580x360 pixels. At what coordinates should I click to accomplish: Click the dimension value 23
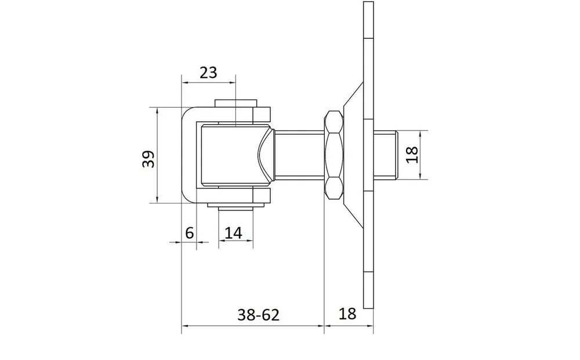[208, 73]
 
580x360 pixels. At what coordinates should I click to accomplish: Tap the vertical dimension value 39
[148, 159]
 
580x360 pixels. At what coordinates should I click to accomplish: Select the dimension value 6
[190, 233]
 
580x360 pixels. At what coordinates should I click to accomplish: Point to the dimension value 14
[233, 233]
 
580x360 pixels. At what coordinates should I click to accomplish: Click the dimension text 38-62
[258, 315]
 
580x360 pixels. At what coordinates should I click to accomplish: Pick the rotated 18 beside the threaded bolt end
[412, 155]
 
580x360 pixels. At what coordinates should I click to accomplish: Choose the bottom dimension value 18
[347, 314]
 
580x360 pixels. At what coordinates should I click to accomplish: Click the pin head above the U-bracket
[235, 103]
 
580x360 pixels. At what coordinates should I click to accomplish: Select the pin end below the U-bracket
[235, 206]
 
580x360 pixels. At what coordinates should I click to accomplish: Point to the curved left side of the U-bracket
[188, 155]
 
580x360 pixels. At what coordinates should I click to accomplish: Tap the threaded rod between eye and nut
[299, 155]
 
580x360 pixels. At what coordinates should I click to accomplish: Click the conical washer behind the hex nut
[354, 155]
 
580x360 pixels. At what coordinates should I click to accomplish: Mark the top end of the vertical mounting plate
[368, 2]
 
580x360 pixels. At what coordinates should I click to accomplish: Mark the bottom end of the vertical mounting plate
[368, 307]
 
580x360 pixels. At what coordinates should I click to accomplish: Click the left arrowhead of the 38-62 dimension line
[185, 326]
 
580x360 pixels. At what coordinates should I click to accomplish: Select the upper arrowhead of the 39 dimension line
[157, 111]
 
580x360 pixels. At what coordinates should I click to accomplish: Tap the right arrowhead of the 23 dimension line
[232, 83]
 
